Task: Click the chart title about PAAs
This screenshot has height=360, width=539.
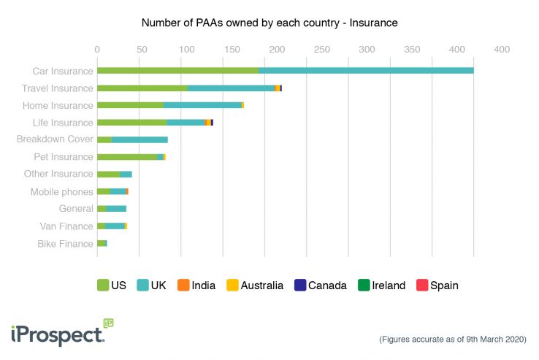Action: [x=269, y=23]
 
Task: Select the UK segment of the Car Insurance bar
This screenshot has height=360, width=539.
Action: [x=366, y=71]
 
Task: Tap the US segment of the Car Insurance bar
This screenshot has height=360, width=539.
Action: [x=177, y=71]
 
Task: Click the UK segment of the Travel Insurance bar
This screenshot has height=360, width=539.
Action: [x=231, y=88]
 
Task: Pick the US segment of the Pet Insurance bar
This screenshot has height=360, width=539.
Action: [x=126, y=157]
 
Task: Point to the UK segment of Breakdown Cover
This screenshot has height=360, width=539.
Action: [x=139, y=139]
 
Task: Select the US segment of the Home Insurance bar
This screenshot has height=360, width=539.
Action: [x=130, y=105]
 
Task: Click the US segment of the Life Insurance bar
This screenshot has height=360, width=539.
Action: [x=131, y=123]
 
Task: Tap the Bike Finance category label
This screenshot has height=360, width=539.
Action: [x=65, y=244]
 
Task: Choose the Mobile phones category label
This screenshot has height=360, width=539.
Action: [x=61, y=192]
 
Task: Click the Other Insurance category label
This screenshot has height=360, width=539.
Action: [x=58, y=174]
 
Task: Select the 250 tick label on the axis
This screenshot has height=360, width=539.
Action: [x=321, y=49]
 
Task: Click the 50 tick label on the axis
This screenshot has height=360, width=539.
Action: [x=142, y=49]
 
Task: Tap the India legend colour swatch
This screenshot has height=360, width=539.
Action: [x=184, y=286]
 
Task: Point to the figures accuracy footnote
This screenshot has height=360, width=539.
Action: [x=453, y=340]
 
